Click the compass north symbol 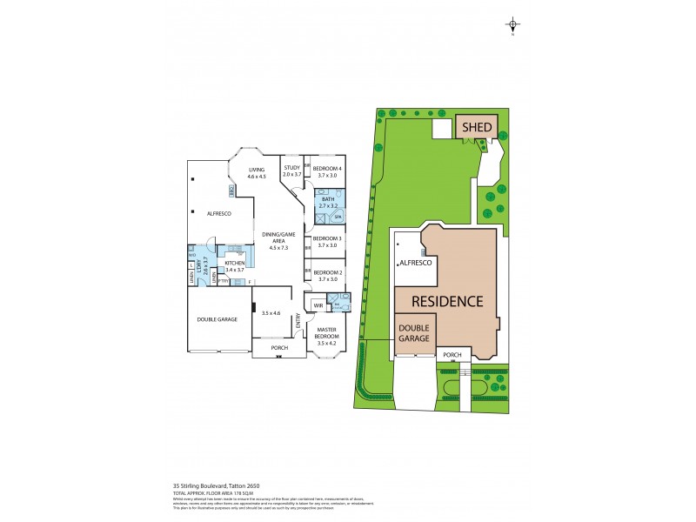click(x=513, y=25)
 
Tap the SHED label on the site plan click(x=477, y=128)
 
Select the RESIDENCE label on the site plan click(x=446, y=302)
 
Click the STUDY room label click(x=291, y=171)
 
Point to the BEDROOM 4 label click(x=326, y=171)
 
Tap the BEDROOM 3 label click(x=326, y=241)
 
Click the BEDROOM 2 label click(x=326, y=275)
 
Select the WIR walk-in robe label click(x=318, y=306)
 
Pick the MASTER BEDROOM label click(x=326, y=335)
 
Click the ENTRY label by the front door click(x=298, y=323)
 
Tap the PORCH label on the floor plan click(x=278, y=348)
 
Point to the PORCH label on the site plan click(x=452, y=355)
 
